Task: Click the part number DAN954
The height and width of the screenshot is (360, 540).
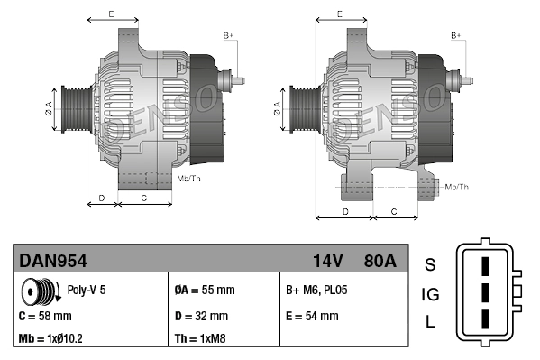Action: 53,261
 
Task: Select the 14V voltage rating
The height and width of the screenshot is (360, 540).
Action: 327,261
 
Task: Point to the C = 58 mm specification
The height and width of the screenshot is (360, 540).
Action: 45,316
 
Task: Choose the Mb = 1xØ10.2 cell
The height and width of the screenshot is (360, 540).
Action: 52,340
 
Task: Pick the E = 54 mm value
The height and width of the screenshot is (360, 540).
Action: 312,316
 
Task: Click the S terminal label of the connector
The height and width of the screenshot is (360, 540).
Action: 430,264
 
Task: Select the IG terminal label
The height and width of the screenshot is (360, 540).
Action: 430,293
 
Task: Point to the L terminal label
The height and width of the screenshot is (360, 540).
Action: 430,322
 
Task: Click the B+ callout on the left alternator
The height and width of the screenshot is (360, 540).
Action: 229,35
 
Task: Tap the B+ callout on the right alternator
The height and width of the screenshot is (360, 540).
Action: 456,35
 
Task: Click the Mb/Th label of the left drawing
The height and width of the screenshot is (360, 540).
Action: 189,179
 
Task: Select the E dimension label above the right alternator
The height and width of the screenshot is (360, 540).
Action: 338,14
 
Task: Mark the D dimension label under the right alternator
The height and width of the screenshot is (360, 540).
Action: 345,211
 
